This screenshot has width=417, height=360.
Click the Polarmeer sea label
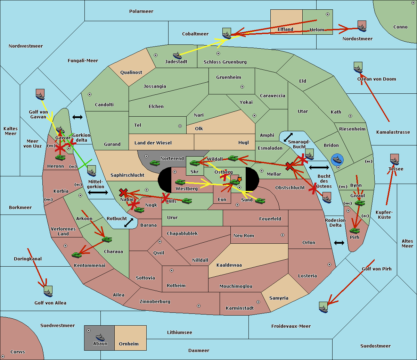click(141, 11)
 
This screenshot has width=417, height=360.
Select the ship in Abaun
click(100, 337)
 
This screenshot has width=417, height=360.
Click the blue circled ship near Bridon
click(337, 160)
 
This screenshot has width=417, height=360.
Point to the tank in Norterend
click(155, 162)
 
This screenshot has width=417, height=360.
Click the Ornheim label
click(129, 344)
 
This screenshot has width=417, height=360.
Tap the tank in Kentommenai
click(76, 255)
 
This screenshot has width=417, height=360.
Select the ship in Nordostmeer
click(362, 26)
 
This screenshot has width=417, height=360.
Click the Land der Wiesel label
click(153, 143)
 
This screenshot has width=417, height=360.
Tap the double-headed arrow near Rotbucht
click(129, 223)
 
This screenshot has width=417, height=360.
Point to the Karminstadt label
click(240, 308)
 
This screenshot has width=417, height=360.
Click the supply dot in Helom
click(327, 14)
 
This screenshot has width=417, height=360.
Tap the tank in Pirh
click(354, 231)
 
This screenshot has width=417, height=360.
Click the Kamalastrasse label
click(393, 132)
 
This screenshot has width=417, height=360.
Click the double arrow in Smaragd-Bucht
click(288, 137)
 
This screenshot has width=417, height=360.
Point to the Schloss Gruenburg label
click(225, 62)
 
